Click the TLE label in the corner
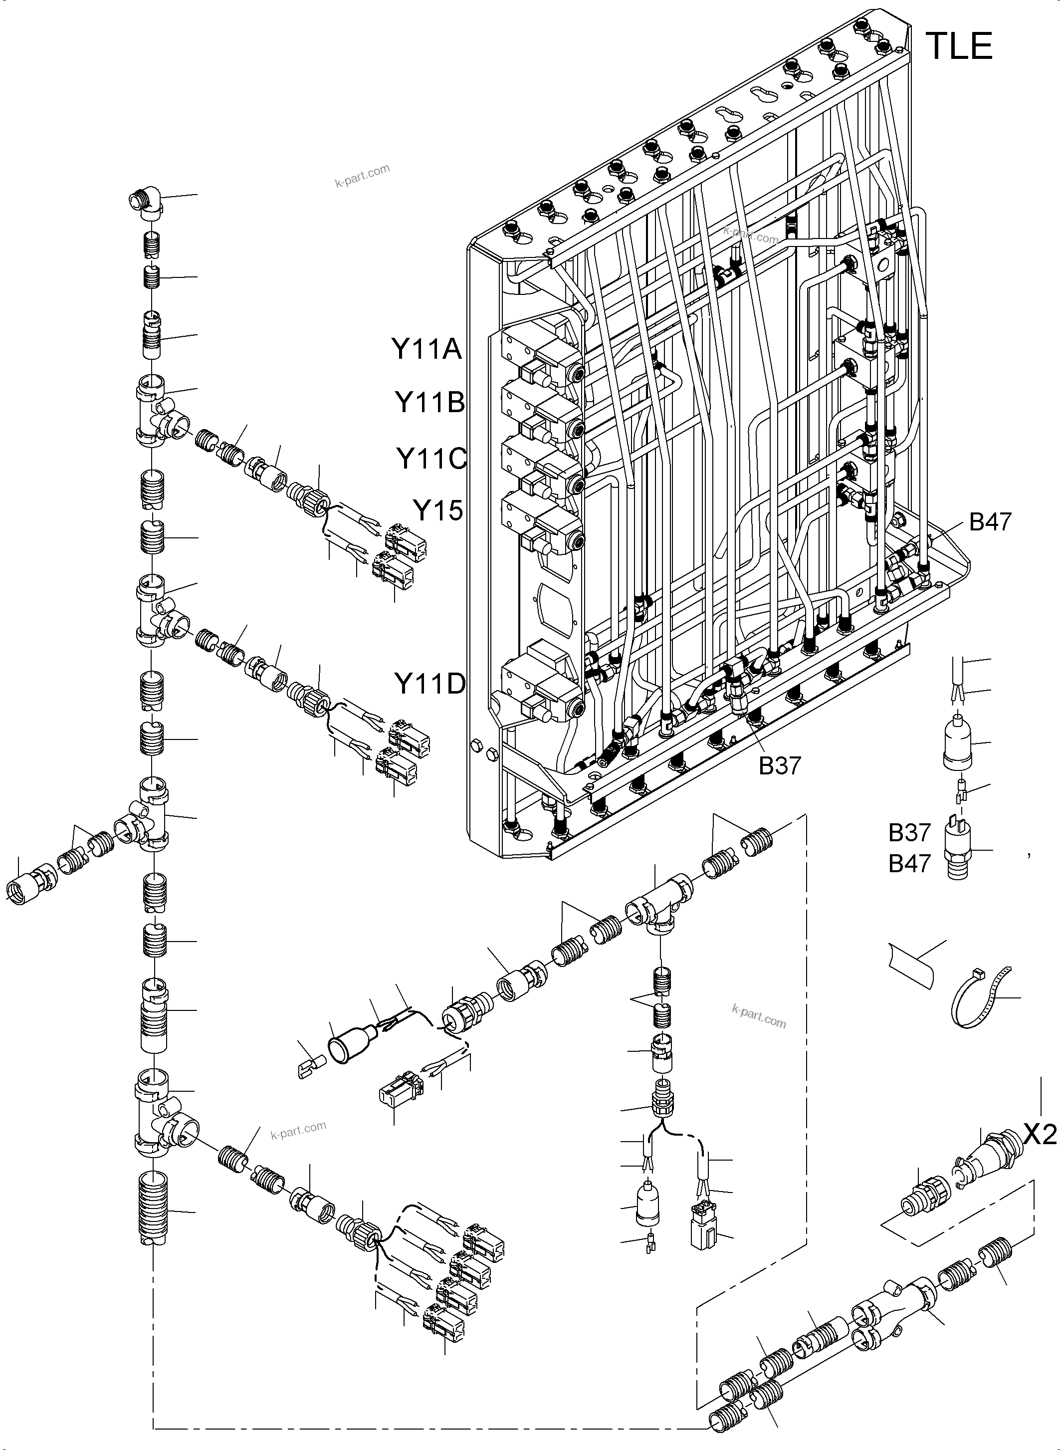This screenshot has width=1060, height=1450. coord(959,46)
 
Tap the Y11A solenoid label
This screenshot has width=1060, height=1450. coord(426,350)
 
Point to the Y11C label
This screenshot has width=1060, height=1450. coord(430,458)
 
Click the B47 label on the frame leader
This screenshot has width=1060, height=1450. coord(990,522)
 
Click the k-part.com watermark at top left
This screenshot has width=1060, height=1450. coord(362,175)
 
